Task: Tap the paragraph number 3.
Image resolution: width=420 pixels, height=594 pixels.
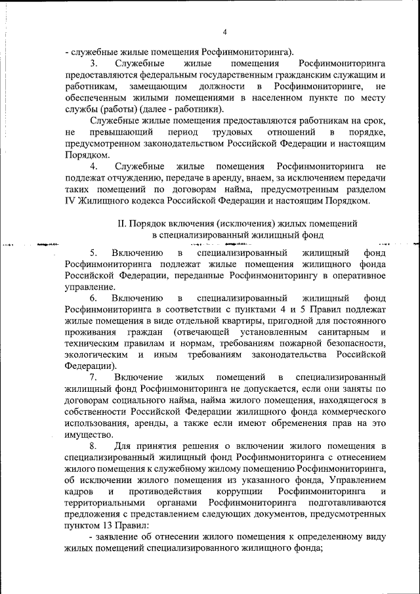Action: (93, 64)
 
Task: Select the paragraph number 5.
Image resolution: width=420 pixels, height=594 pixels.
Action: (93, 252)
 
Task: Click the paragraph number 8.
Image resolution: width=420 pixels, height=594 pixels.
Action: (93, 447)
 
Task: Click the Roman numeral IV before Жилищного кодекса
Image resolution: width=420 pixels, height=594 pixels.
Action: (72, 200)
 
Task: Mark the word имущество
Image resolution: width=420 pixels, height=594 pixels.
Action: (89, 434)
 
